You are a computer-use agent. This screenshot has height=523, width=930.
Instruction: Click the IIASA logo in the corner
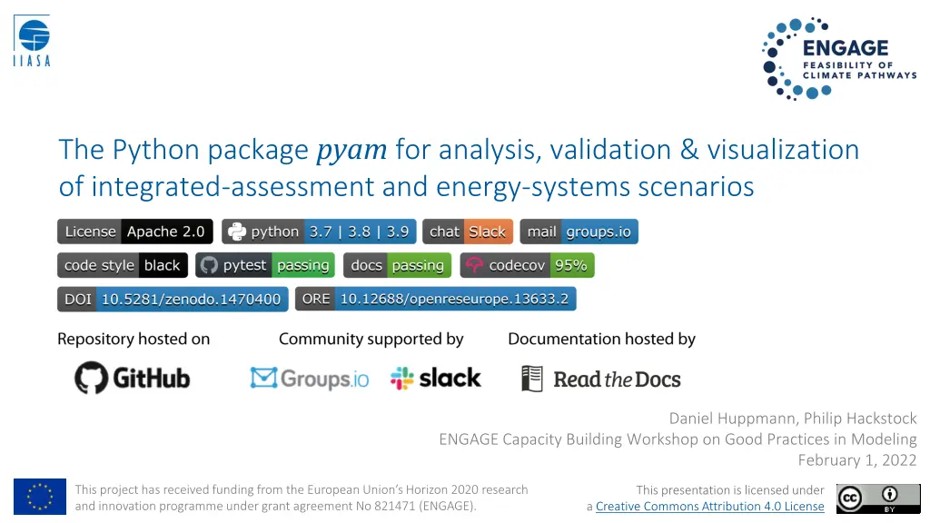click(x=33, y=42)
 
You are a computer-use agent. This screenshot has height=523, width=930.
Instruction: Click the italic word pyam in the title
click(x=351, y=150)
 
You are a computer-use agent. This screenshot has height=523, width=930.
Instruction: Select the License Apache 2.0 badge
click(x=135, y=232)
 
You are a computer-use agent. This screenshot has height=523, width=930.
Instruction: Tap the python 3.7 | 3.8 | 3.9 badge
click(x=320, y=232)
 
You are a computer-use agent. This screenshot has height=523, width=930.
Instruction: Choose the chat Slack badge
click(x=468, y=232)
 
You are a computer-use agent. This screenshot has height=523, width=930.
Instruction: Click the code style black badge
click(x=123, y=265)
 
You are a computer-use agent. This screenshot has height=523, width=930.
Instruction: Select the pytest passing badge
click(x=265, y=265)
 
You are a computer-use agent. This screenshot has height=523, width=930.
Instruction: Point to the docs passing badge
click(x=397, y=265)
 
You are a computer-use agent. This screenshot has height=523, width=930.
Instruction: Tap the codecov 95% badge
click(x=527, y=265)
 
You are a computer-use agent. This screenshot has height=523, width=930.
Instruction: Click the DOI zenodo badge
click(x=173, y=299)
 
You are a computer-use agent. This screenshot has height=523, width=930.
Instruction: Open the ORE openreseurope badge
click(x=436, y=299)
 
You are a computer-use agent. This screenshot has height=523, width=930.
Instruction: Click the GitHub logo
click(x=133, y=378)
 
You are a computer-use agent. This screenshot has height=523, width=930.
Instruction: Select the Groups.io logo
click(x=310, y=378)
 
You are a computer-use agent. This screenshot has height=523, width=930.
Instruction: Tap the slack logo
click(x=436, y=378)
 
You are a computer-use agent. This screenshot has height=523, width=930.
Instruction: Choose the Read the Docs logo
click(x=601, y=379)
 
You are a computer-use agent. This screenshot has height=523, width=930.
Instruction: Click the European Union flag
click(x=40, y=497)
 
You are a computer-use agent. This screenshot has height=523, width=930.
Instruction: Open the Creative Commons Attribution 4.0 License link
click(x=709, y=507)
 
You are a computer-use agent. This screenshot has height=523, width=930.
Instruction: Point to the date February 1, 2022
click(x=857, y=460)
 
